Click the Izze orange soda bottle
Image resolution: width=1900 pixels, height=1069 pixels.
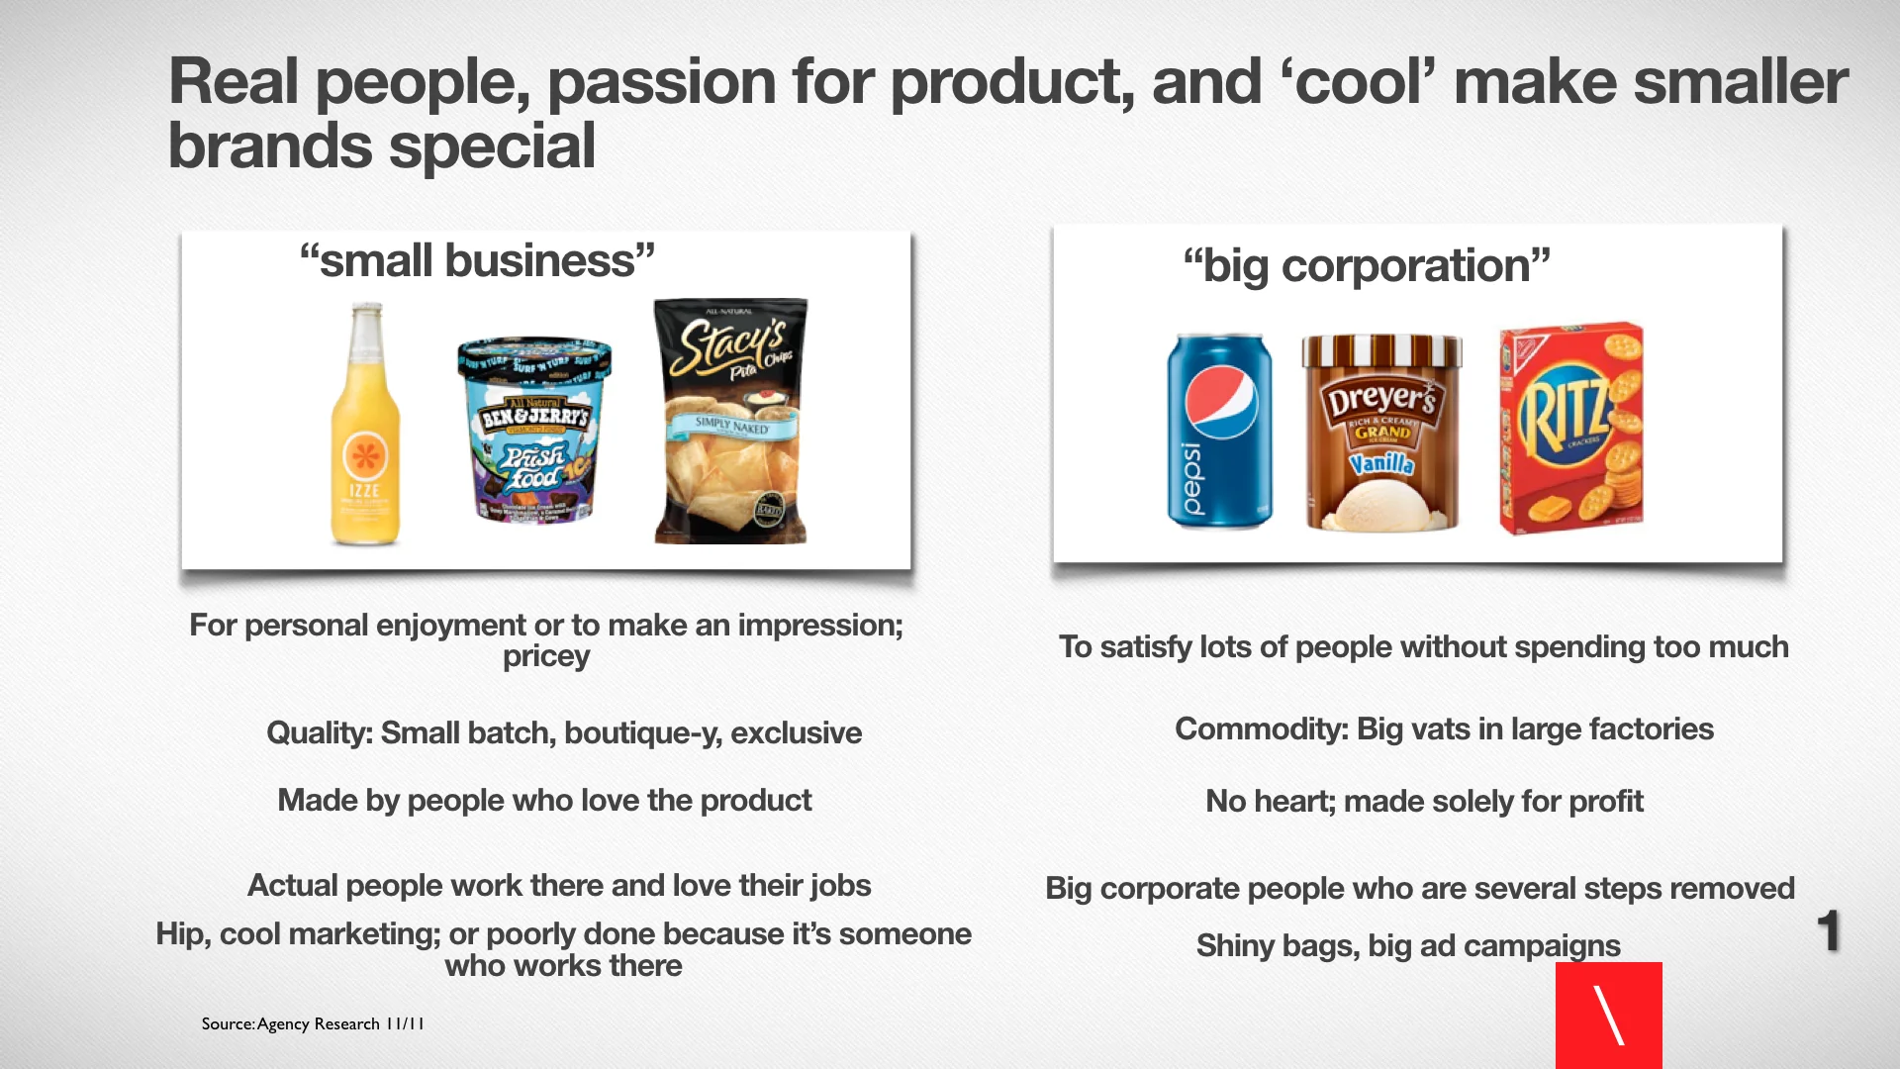pyautogui.click(x=365, y=426)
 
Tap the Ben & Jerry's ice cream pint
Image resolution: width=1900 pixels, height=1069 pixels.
pyautogui.click(x=534, y=431)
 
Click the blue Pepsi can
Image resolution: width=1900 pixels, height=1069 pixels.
pyautogui.click(x=1219, y=431)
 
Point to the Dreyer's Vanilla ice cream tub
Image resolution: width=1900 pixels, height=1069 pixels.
pyautogui.click(x=1381, y=433)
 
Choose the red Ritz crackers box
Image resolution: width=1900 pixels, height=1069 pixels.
pyautogui.click(x=1571, y=428)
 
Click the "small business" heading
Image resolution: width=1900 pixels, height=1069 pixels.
pyautogui.click(x=477, y=261)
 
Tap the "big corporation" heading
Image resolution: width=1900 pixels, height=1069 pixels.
pyautogui.click(x=1367, y=266)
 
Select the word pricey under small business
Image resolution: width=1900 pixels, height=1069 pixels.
pyautogui.click(x=546, y=657)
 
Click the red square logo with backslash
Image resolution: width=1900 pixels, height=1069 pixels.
pyautogui.click(x=1608, y=1016)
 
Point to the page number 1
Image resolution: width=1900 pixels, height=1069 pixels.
pyautogui.click(x=1828, y=931)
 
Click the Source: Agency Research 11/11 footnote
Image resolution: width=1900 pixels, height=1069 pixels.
pyautogui.click(x=313, y=1023)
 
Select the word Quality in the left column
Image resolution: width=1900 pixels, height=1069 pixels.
pyautogui.click(x=319, y=733)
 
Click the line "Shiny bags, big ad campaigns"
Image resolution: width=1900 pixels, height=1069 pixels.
pyautogui.click(x=1408, y=946)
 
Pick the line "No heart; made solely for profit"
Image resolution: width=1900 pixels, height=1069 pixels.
pyautogui.click(x=1424, y=801)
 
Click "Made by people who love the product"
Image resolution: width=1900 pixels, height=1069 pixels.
pyautogui.click(x=544, y=800)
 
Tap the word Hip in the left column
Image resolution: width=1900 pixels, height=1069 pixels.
pyautogui.click(x=182, y=934)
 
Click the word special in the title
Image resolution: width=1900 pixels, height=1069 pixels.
pyautogui.click(x=492, y=146)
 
